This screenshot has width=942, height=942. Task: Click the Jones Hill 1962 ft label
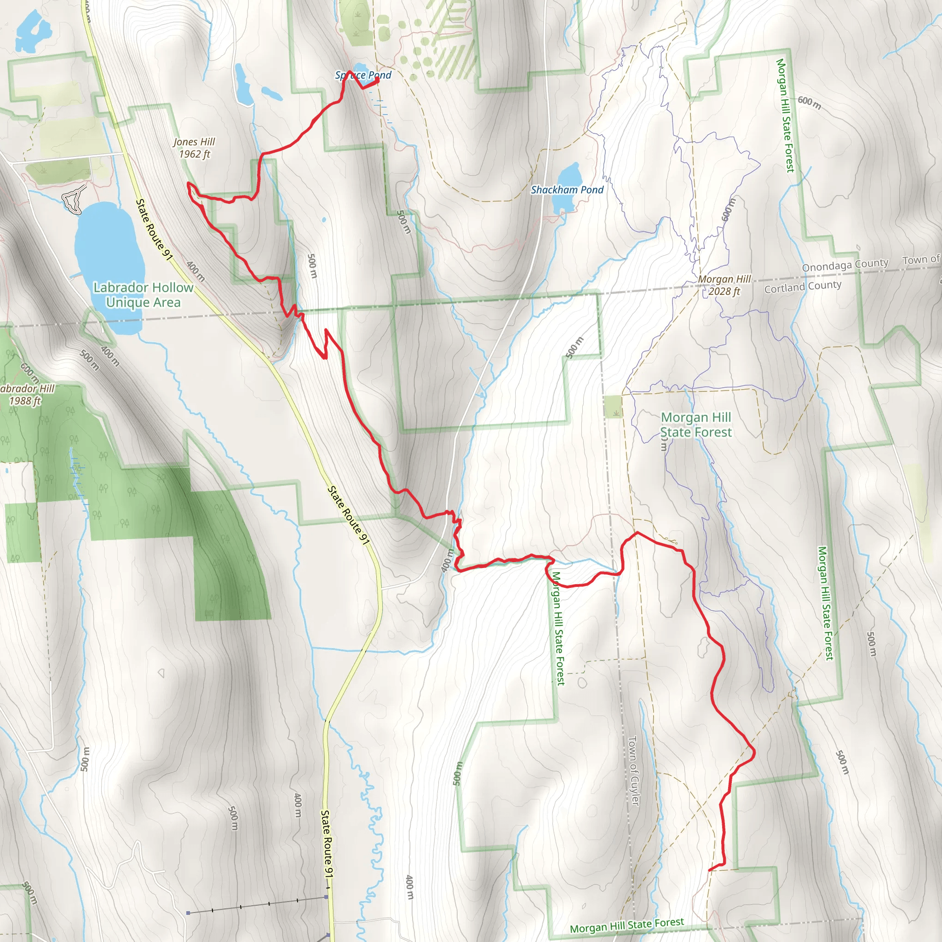tap(194, 148)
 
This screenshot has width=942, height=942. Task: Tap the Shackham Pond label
tap(567, 190)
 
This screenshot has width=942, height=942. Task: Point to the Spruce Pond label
tap(363, 75)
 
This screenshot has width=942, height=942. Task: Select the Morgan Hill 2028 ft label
tap(724, 285)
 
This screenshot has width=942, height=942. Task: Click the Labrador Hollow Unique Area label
tap(144, 295)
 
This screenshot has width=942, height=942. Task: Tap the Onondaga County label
tap(845, 265)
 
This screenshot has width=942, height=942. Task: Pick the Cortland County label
tap(803, 286)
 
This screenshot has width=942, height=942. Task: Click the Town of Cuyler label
tap(633, 770)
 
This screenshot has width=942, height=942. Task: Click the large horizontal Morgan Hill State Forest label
tap(696, 425)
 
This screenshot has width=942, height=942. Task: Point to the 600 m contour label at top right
tap(810, 103)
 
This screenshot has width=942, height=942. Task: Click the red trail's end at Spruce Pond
tap(378, 80)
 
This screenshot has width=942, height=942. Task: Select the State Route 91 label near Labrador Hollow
tap(154, 229)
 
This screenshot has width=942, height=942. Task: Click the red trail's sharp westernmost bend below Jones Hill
tap(189, 184)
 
